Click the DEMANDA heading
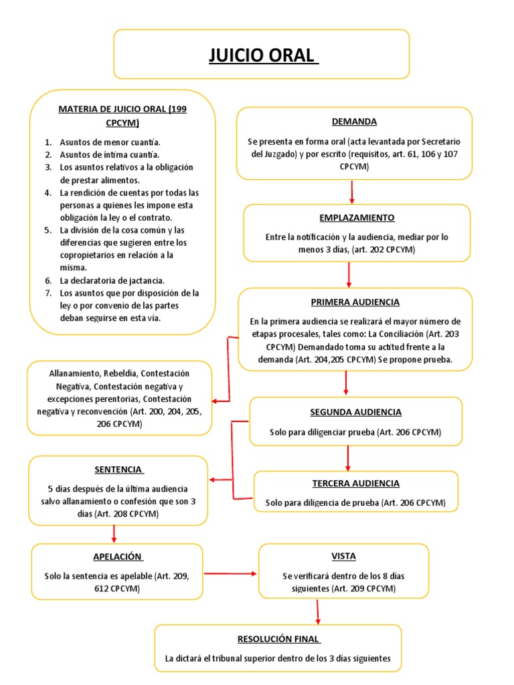354,122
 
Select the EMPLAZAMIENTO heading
357,218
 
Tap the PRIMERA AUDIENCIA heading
355,302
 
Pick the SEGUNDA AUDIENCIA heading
355,412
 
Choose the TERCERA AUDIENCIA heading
355,483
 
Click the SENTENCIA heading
118,470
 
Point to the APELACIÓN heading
118,557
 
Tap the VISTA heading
343,557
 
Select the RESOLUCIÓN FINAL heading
278,638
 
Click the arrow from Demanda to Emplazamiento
352,192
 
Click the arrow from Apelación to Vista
231,573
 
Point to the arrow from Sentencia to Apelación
114,533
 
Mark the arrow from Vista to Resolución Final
317,611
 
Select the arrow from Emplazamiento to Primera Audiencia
349,275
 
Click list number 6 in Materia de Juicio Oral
48,280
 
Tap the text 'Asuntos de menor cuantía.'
110,142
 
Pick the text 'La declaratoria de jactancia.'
112,280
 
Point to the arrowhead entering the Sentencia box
213,480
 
